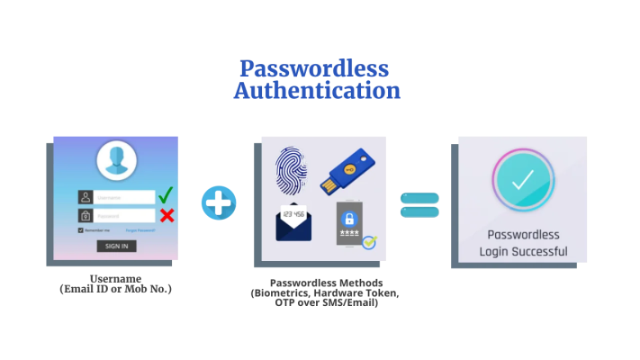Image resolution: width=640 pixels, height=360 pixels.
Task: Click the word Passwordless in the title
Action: (x=313, y=68)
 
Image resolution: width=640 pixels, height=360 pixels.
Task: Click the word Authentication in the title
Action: (x=316, y=91)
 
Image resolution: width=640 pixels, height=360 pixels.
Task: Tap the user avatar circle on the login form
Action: (x=114, y=161)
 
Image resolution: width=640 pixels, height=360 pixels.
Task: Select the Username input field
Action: (x=124, y=197)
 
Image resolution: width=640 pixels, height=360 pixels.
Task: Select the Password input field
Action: (x=124, y=216)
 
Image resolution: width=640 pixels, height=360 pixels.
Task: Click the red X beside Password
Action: (x=166, y=215)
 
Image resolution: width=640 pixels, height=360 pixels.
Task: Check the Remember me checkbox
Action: (x=81, y=230)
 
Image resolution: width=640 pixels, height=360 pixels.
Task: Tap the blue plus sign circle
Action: (x=218, y=202)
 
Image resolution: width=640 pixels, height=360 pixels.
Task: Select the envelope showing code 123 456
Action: (x=294, y=221)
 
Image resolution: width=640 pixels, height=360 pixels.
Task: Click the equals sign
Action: (x=419, y=203)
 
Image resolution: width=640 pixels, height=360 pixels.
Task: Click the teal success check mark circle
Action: (x=522, y=180)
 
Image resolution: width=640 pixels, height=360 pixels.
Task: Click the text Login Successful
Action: (x=522, y=251)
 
